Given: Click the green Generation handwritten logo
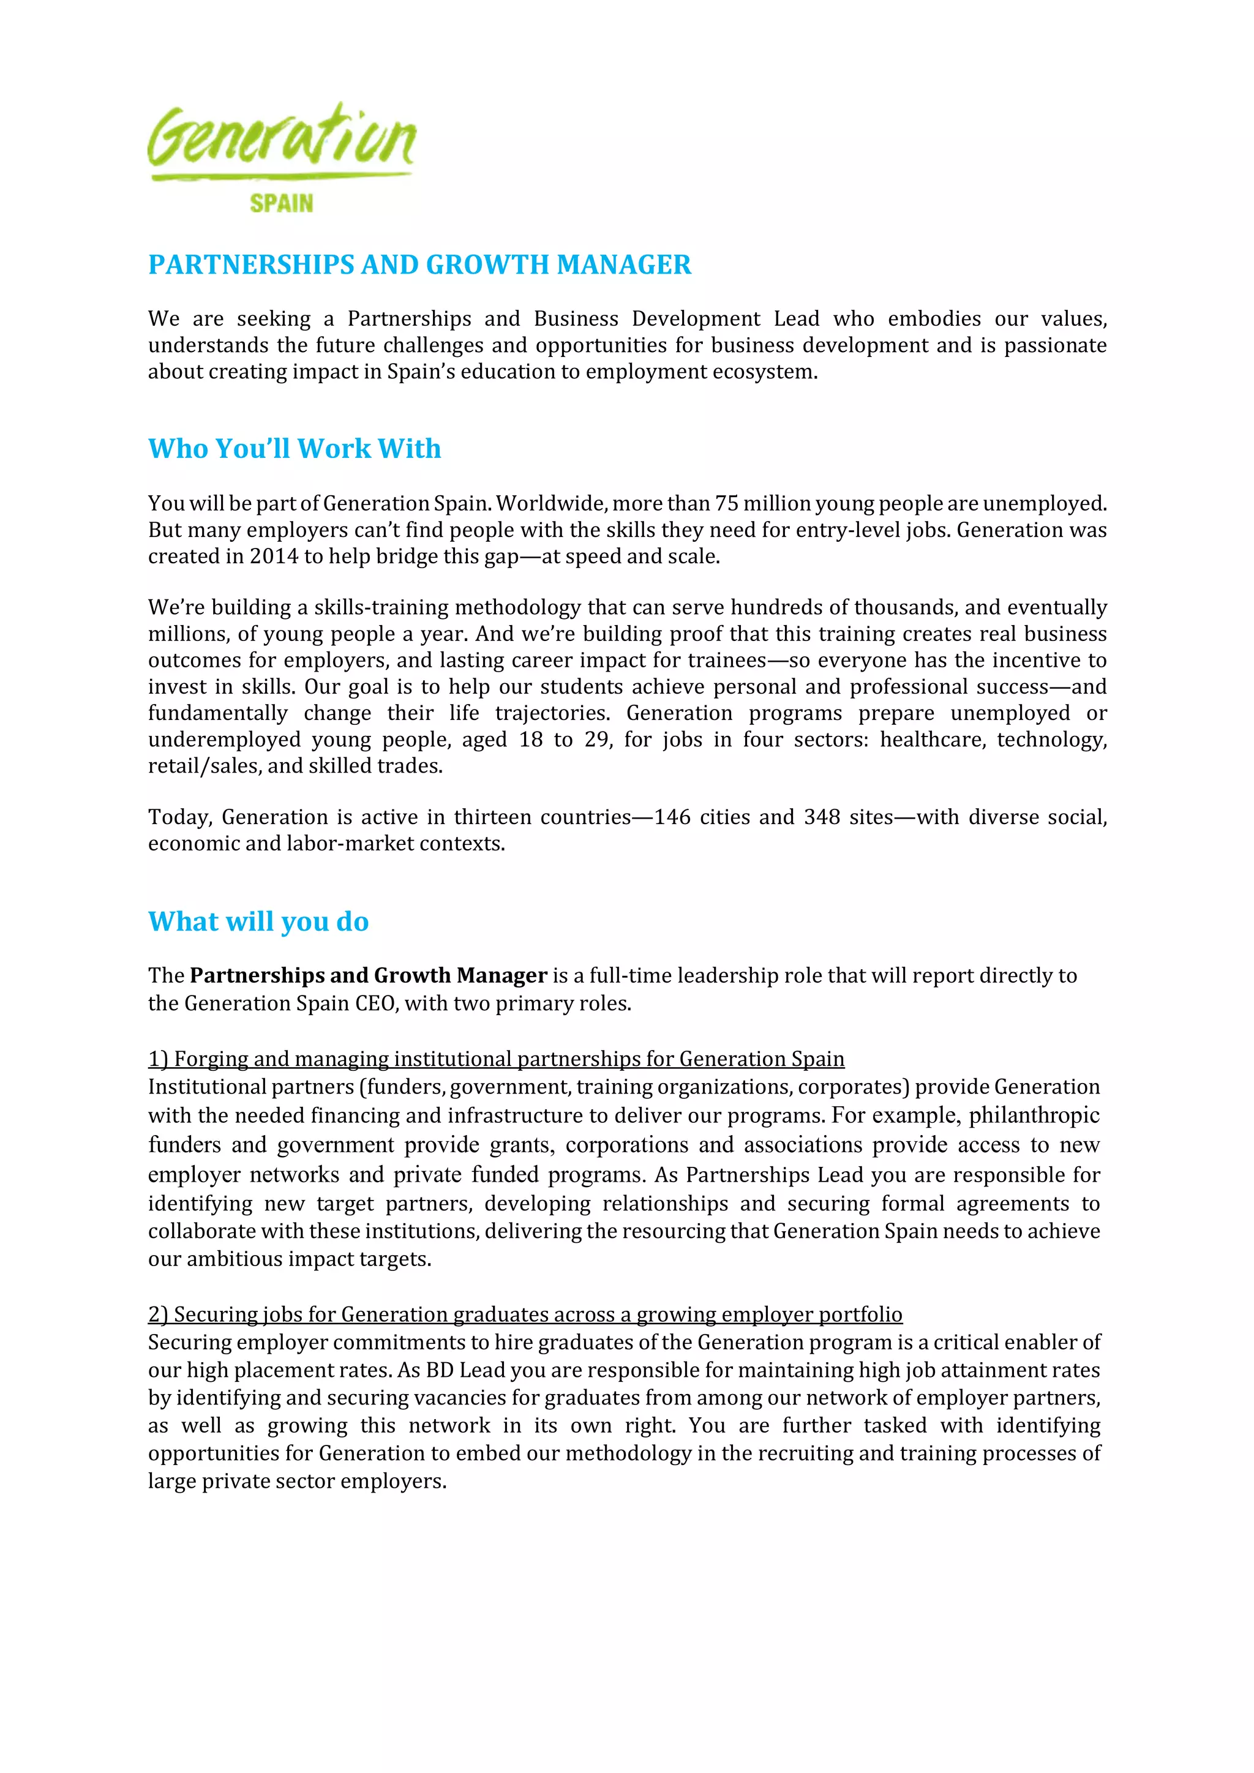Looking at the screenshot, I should [x=281, y=139].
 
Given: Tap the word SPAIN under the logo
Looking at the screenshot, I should [x=281, y=203].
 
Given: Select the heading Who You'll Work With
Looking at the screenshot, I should [x=294, y=449].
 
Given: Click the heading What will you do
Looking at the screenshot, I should [x=258, y=921].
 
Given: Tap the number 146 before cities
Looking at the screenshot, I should [x=672, y=817].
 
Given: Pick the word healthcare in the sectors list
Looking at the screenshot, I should [x=934, y=740].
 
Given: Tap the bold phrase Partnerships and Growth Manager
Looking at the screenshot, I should [x=369, y=976].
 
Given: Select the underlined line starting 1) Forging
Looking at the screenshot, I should [x=496, y=1059].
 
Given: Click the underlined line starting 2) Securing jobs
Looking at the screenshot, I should [x=525, y=1314].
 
